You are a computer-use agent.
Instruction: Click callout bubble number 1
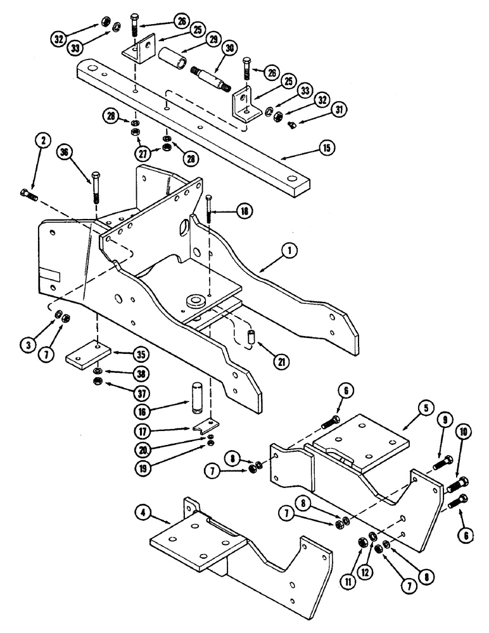coord(290,251)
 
